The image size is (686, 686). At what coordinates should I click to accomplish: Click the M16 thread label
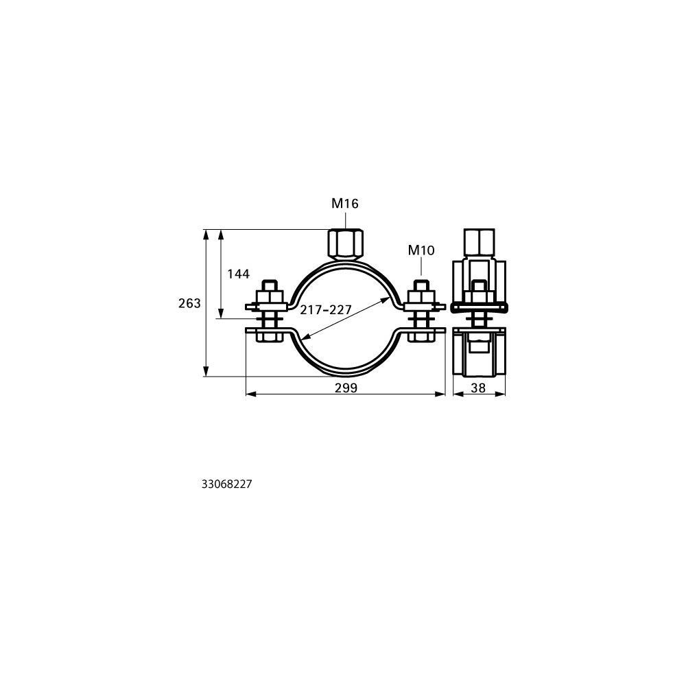tap(345, 204)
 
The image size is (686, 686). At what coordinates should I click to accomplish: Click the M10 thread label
tap(421, 250)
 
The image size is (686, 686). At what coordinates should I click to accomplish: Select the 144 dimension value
tap(239, 274)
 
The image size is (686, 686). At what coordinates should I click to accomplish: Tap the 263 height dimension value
tap(189, 303)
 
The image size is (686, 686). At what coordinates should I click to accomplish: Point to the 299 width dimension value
tap(346, 388)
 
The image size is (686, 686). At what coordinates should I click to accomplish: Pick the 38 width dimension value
tap(479, 388)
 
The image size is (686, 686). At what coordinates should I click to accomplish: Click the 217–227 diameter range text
tap(326, 310)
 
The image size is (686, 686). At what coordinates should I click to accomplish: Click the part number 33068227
tap(227, 484)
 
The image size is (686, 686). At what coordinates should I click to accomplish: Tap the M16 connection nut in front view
tap(344, 244)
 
